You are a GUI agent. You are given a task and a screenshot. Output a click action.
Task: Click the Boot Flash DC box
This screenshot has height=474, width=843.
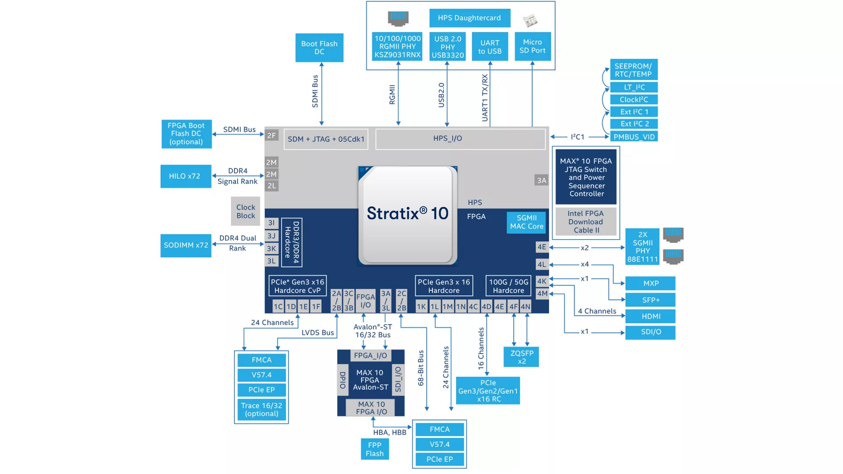(319, 47)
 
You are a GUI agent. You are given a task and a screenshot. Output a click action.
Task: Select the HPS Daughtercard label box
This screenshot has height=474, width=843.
(469, 18)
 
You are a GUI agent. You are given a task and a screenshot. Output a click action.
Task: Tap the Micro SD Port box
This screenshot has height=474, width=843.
(532, 46)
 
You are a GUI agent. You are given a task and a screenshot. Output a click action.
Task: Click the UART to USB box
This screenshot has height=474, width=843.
(490, 47)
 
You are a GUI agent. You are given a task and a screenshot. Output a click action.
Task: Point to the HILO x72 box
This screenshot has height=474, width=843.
(185, 176)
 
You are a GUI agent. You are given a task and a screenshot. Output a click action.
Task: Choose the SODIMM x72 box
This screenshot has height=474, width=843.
(186, 245)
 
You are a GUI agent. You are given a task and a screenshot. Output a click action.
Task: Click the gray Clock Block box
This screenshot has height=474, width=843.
(245, 211)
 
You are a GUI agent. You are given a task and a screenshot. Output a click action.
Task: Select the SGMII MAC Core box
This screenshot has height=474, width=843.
(526, 222)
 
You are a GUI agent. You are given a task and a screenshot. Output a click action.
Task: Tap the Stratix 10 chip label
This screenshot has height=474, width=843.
(407, 214)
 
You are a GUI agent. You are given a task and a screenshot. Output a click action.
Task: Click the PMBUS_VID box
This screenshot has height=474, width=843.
(634, 137)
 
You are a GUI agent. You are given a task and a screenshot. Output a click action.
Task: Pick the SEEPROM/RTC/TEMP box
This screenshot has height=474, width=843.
(633, 70)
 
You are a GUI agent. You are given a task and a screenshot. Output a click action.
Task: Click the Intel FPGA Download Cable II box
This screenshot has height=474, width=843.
(586, 222)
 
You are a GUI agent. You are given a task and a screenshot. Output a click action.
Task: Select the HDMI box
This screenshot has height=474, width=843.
(651, 316)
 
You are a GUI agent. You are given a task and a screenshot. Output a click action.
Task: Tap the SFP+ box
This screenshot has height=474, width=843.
(651, 300)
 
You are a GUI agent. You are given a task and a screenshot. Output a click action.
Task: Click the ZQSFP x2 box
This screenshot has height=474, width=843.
(522, 357)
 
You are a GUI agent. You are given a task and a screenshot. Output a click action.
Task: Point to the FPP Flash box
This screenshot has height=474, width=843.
(375, 449)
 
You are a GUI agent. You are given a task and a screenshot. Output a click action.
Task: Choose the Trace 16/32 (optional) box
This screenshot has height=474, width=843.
(262, 409)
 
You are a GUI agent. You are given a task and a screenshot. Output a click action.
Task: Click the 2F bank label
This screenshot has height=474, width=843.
(272, 136)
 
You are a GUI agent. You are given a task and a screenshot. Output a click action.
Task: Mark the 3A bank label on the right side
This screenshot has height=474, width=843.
(541, 180)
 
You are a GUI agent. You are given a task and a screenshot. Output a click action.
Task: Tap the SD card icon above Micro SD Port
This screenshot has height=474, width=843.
(530, 20)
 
